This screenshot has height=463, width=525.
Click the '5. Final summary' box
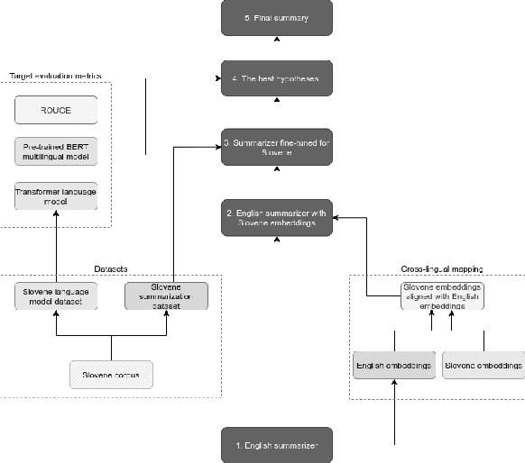point(277,18)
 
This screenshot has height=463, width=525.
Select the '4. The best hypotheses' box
point(277,79)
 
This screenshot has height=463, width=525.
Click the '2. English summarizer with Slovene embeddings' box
point(277,218)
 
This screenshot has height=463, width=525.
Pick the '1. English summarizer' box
point(277,445)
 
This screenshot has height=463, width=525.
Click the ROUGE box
point(56,111)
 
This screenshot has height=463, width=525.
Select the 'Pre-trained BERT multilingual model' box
point(56,151)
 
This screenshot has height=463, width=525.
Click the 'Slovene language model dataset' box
point(56,296)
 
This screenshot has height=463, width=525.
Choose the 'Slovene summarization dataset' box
point(166,296)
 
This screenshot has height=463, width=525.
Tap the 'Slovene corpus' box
point(111,373)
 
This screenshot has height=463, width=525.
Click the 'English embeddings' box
point(393,367)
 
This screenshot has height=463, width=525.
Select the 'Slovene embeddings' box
point(484,367)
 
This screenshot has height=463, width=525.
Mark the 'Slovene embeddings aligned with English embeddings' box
point(441,296)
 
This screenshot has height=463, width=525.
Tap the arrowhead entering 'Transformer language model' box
point(56,214)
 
